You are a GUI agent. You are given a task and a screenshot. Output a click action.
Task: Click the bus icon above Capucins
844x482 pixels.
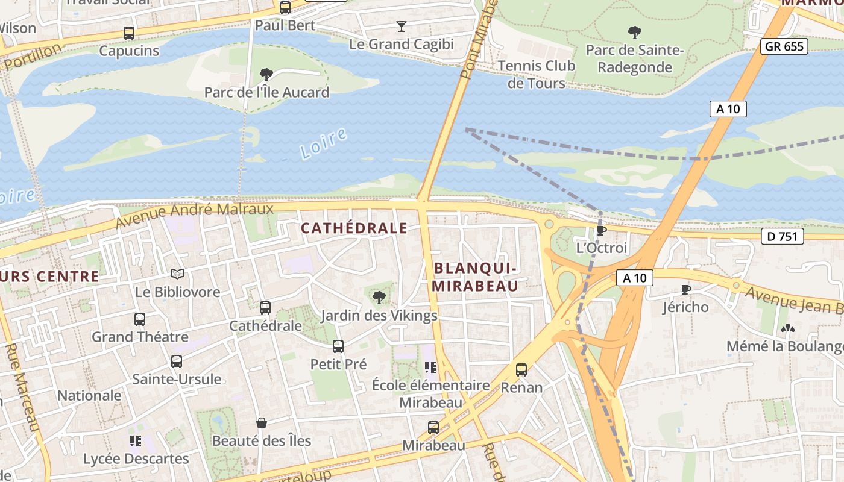(x=129, y=33)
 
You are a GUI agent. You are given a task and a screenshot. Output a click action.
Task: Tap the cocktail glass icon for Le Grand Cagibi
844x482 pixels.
(x=402, y=26)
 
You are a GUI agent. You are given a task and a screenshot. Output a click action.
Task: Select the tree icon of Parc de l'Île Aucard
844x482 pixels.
(x=266, y=75)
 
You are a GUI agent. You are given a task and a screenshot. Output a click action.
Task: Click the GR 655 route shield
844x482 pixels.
(x=784, y=46)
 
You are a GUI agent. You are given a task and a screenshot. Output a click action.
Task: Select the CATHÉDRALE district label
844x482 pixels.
(x=354, y=228)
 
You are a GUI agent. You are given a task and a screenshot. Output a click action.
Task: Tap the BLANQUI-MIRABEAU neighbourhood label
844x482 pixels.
(x=475, y=277)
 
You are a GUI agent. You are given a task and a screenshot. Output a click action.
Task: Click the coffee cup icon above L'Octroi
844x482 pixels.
(x=601, y=230)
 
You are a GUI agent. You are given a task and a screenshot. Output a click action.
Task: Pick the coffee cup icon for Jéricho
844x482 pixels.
(x=685, y=290)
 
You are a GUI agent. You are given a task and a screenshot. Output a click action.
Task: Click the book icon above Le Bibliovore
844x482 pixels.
(x=177, y=274)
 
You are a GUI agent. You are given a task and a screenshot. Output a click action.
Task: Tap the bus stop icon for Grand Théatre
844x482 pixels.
(x=140, y=319)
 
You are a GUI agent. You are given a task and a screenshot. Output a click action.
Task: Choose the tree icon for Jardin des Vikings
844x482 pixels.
(x=379, y=297)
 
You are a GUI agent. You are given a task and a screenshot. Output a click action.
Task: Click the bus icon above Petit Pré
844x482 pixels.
(x=338, y=346)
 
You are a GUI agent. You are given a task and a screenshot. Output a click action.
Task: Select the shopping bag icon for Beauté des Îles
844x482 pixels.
(x=262, y=423)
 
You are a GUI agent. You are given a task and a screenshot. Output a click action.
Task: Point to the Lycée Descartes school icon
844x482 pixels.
(x=136, y=441)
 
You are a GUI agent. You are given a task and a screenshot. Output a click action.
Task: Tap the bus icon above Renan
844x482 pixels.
(x=521, y=370)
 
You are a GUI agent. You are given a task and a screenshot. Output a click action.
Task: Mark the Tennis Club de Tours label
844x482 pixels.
(x=537, y=75)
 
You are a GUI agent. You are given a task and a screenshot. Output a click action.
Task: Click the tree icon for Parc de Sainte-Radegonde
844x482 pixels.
(x=634, y=32)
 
